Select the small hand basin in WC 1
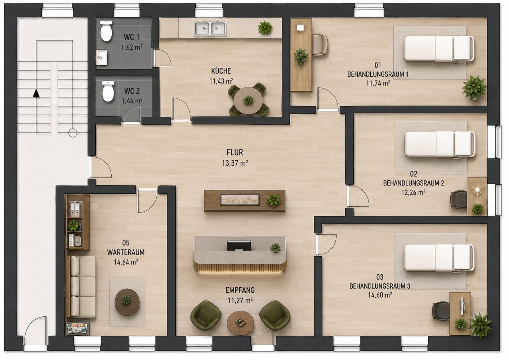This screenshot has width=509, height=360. click(102, 57)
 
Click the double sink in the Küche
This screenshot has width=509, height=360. click(210, 28)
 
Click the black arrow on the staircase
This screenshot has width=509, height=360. click(36, 93)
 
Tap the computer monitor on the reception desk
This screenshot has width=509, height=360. click(239, 246)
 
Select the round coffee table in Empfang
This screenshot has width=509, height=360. click(240, 323)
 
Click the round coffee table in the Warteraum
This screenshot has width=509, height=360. click(127, 302)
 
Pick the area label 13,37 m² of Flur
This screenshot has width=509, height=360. click(235, 163)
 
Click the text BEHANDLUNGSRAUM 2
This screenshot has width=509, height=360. click(413, 183)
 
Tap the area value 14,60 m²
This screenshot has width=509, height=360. click(380, 295)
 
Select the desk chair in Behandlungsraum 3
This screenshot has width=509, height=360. click(441, 311)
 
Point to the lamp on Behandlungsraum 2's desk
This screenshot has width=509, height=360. click(477, 189)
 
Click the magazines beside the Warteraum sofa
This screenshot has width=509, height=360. click(77, 328)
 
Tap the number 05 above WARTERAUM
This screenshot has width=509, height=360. click(126, 243)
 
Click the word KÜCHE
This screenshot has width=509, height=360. click(221, 71)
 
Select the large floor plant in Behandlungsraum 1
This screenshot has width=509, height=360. click(474, 88)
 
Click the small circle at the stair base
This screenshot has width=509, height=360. click(73, 133)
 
